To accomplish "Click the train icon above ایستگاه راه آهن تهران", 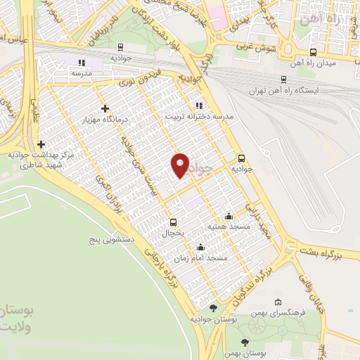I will [x=283, y=79].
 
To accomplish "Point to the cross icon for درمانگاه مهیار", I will [x=105, y=108].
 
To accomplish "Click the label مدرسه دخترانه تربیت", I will [x=199, y=117].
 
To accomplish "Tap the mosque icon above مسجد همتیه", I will [x=229, y=216].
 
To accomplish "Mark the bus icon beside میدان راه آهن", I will [x=312, y=52].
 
